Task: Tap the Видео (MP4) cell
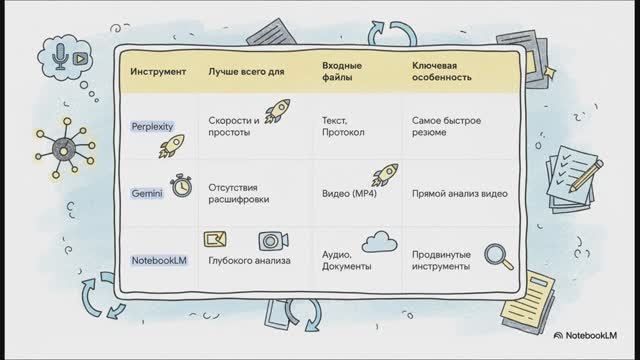pyautogui.click(x=349, y=191)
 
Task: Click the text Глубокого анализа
pyautogui.click(x=249, y=262)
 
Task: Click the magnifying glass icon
pyautogui.click(x=496, y=256)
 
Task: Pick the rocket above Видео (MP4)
pyautogui.click(x=385, y=176)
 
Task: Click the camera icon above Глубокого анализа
pyautogui.click(x=269, y=240)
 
